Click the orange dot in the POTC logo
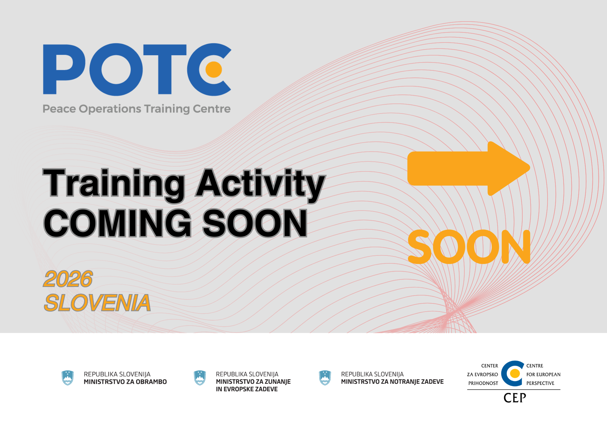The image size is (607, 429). coord(214,69)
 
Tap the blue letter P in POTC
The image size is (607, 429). coord(62,69)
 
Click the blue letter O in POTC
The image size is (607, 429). coord(116,69)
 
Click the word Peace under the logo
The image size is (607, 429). coord(59,109)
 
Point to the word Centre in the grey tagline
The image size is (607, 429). coord(212,109)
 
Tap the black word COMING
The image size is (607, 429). coord(118,223)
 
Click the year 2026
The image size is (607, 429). coord(68,279)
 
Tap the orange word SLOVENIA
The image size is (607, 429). coord(97,303)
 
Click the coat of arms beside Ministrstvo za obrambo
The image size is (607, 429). coord(67,378)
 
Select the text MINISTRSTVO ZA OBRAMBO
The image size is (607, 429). coord(125,382)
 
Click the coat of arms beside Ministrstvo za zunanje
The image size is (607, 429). coord(200,378)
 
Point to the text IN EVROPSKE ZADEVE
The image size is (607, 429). coord(247,389)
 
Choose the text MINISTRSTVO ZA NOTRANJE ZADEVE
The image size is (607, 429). coord(392,382)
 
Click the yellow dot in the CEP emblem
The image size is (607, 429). coord(515,373)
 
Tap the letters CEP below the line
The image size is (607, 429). coord(515,398)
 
